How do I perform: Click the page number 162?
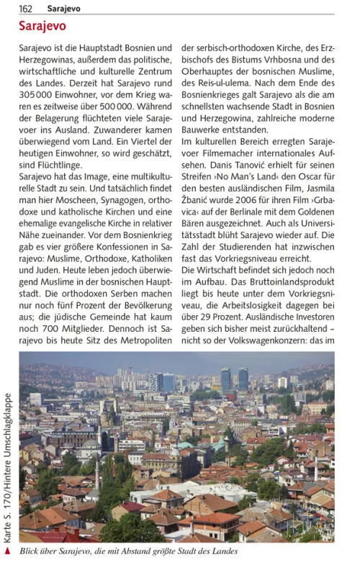pyautogui.click(x=26, y=9)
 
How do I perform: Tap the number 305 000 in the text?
pyautogui.click(x=37, y=83)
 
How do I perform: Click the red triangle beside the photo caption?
pyautogui.click(x=8, y=551)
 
